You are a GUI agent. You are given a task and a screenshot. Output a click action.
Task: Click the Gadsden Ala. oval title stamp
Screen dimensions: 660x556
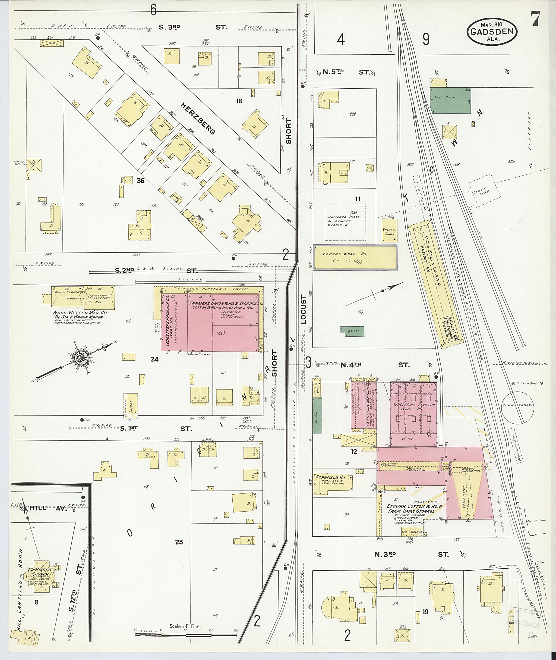pos(492,31)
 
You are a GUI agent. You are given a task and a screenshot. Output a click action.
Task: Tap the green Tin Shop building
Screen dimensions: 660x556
pos(451,101)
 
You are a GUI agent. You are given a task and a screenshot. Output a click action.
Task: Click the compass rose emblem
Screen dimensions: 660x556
pos(81,358)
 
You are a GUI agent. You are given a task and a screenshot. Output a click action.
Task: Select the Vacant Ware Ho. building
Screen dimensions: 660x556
pos(355,257)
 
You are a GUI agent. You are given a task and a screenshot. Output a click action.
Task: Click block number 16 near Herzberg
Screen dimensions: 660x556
pos(239,101)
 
